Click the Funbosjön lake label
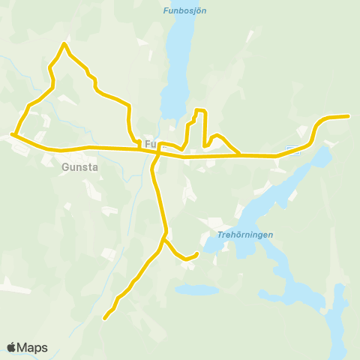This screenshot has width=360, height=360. [184, 10]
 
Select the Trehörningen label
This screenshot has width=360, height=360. [245, 235]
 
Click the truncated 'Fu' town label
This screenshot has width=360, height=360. [151, 143]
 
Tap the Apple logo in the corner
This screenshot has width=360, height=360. [11, 347]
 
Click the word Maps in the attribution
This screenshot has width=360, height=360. [32, 347]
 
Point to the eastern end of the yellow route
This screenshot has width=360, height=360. [349, 115]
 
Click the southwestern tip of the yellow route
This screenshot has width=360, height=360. [104, 319]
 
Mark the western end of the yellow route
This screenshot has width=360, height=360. [12, 135]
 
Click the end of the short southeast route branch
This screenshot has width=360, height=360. [196, 253]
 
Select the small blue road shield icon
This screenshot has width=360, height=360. [294, 150]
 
